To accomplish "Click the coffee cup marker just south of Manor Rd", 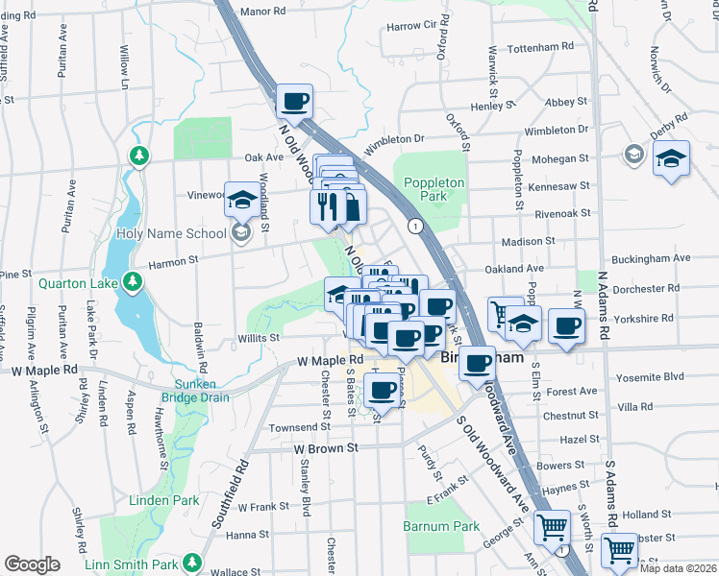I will [x=295, y=100].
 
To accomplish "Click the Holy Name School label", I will [x=172, y=233].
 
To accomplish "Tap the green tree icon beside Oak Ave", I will [x=140, y=156].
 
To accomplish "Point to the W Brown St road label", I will [x=326, y=447].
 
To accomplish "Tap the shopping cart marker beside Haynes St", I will [x=552, y=526].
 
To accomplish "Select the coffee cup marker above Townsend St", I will [x=383, y=389].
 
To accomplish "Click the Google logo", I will [x=32, y=564].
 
